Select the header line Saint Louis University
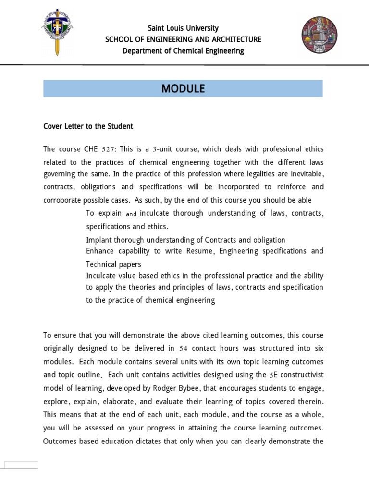point(183,28)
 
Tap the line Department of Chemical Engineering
point(183,51)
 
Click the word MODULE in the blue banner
point(183,88)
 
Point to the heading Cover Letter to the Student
point(88,126)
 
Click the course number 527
point(106,149)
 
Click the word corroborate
point(63,200)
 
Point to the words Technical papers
point(114,264)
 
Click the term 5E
point(275,375)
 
